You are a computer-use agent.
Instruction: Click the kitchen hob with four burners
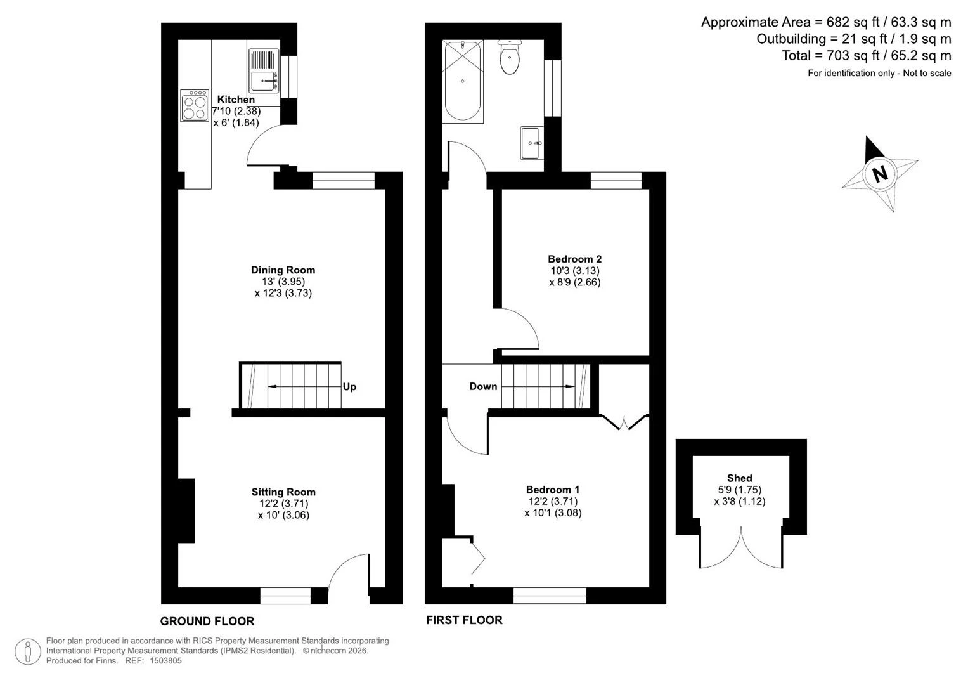(x=195, y=105)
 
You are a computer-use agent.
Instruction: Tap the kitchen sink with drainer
(x=264, y=70)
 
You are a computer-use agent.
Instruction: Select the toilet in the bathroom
(x=510, y=57)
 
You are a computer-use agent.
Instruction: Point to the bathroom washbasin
(x=532, y=143)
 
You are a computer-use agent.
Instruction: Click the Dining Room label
(x=283, y=270)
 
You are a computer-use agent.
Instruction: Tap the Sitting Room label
(x=283, y=492)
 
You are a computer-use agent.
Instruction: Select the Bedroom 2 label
(x=575, y=259)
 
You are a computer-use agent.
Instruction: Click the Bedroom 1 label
(x=553, y=490)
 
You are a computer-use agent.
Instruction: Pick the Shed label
(x=739, y=478)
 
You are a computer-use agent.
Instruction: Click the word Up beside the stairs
(x=349, y=387)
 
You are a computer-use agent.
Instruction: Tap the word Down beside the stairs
(x=483, y=386)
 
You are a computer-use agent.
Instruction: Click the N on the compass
(x=880, y=174)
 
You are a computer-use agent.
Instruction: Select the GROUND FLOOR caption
(x=207, y=621)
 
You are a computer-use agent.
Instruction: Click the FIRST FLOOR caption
(x=464, y=620)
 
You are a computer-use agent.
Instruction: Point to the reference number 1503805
(x=165, y=660)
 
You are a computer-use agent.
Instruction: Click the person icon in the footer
(x=28, y=652)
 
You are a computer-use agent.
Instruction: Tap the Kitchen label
(x=236, y=100)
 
